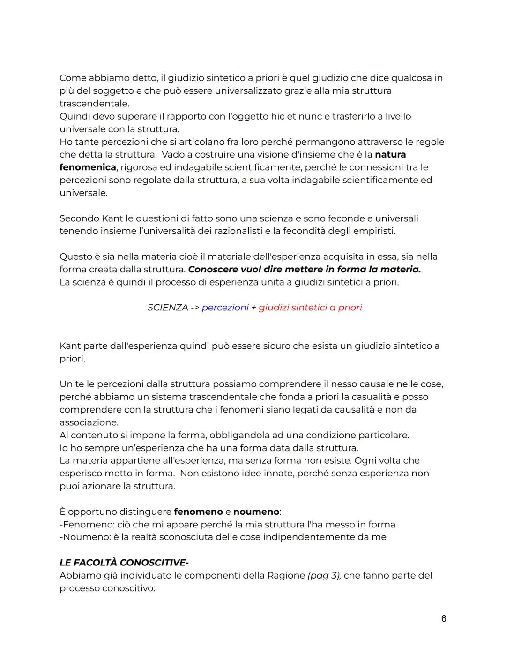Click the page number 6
coord(443,618)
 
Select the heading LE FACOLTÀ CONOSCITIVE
coord(124,562)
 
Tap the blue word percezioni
coord(225,307)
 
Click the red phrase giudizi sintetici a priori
coord(310,307)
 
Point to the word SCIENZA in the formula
coord(167,307)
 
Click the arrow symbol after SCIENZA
coord(194,307)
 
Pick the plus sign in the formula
coord(253,307)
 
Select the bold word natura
coord(390,154)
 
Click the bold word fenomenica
coord(88,167)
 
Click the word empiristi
coord(377,231)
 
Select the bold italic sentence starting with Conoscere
coord(304,269)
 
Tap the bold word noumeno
coord(256,511)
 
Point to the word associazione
coord(89,422)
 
